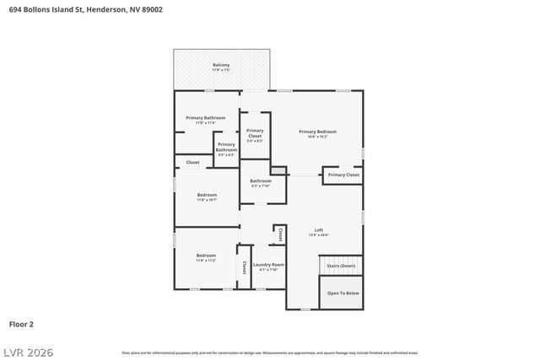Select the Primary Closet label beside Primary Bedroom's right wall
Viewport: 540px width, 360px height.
pyautogui.click(x=343, y=175)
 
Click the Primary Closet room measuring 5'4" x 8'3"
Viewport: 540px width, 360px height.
pyautogui.click(x=255, y=135)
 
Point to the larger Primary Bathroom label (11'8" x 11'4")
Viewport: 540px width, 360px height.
pyautogui.click(x=206, y=120)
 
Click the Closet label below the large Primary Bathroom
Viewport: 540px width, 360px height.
pyautogui.click(x=192, y=162)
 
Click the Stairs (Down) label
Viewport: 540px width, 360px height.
pyautogui.click(x=342, y=266)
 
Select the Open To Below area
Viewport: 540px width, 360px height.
pyautogui.click(x=343, y=293)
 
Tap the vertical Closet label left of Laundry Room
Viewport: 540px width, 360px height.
pyautogui.click(x=245, y=266)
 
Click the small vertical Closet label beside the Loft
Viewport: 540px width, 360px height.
pyautogui.click(x=280, y=234)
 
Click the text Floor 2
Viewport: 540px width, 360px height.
pyautogui.click(x=21, y=323)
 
